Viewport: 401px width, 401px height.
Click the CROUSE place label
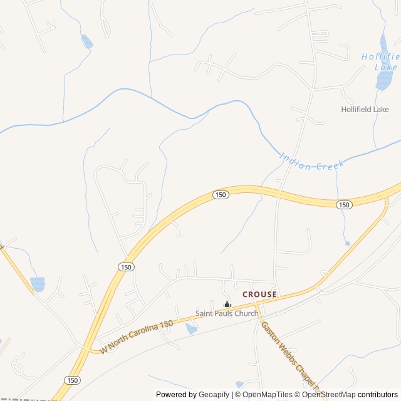259,294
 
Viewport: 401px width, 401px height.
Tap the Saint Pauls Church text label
227,313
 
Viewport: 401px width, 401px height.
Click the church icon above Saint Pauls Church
227,305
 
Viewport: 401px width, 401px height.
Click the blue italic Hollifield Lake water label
380,61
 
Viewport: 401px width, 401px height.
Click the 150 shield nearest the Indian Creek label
343,205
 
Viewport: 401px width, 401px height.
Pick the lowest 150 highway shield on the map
72,380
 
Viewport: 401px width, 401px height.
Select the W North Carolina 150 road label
136,337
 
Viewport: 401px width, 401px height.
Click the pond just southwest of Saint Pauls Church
192,328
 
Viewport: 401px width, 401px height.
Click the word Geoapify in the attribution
214,395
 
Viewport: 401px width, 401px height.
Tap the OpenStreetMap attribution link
328,395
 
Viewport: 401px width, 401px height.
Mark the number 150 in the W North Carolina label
165,324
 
